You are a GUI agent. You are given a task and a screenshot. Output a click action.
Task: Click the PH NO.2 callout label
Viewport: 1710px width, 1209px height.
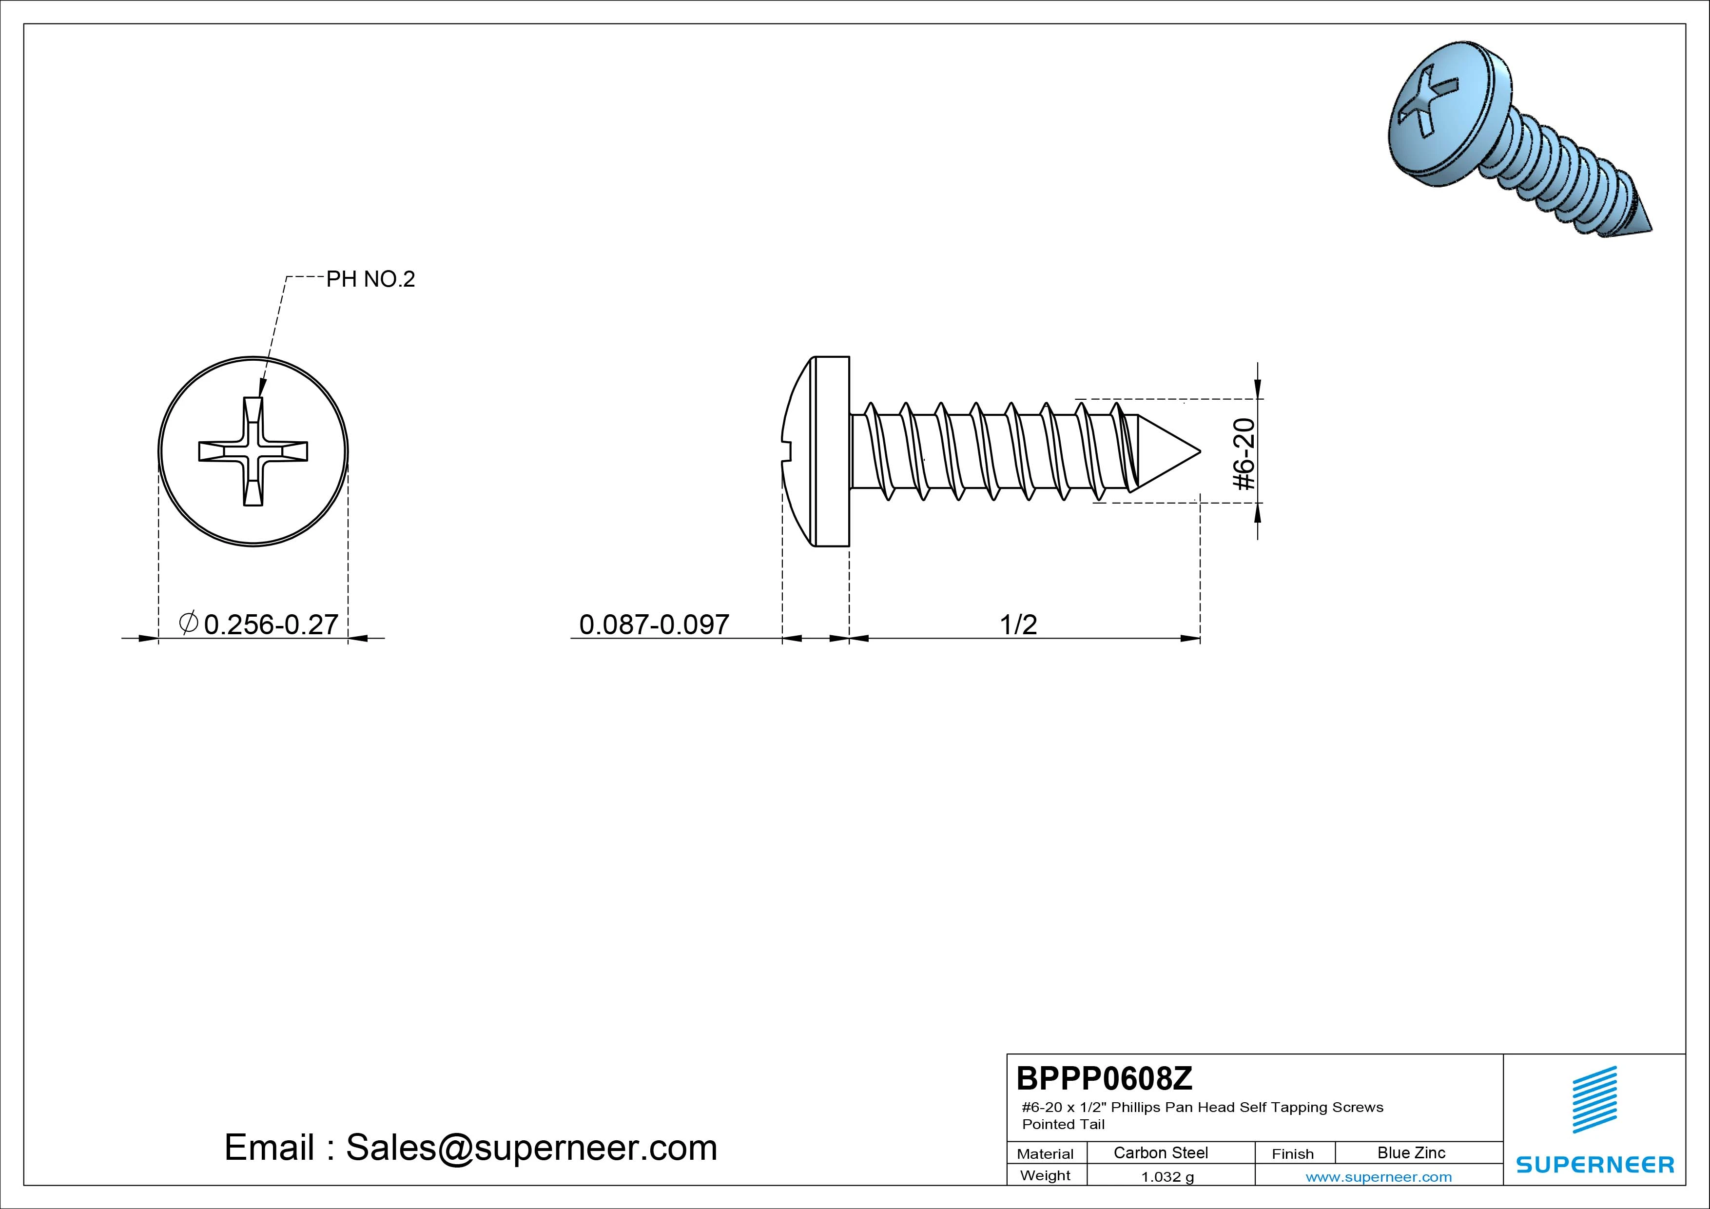[370, 279]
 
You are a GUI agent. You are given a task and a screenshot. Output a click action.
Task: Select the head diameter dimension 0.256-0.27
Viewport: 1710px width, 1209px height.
[259, 624]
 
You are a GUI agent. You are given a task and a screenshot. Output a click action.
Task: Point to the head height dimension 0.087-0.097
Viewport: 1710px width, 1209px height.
[654, 624]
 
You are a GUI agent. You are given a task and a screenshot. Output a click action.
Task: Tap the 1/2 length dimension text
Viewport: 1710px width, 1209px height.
[1018, 624]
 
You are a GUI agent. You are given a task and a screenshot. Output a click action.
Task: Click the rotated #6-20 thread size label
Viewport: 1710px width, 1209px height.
[1244, 454]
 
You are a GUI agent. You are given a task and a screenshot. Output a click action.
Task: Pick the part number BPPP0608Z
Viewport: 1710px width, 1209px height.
[1105, 1078]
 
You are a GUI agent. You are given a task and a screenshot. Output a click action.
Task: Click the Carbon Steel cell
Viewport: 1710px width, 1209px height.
[1160, 1152]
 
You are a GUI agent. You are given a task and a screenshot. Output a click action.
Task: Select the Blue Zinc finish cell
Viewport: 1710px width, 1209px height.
[1411, 1152]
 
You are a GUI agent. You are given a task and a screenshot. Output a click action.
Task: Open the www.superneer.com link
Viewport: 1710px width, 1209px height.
[1379, 1177]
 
